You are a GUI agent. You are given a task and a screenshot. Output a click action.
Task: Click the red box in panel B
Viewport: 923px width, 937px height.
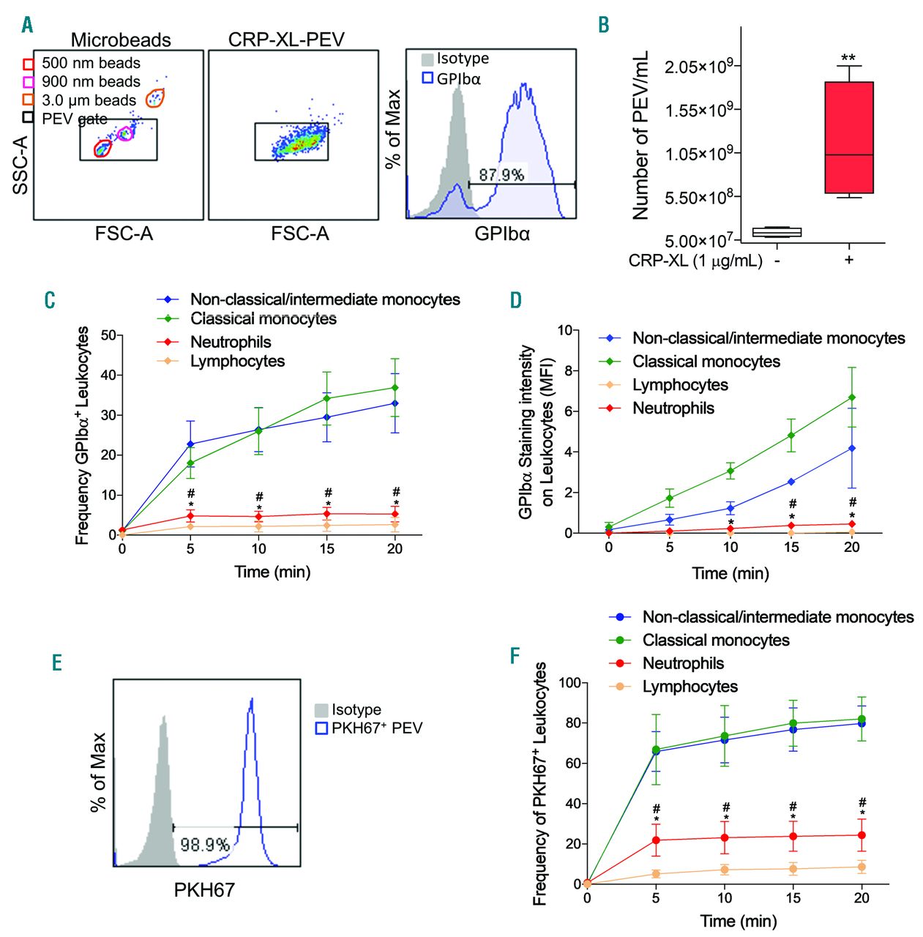[x=848, y=137]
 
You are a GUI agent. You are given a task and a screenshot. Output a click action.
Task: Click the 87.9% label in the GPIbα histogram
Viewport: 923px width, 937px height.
[x=501, y=174]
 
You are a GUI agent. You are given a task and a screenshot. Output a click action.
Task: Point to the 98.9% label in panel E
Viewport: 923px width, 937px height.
[x=205, y=844]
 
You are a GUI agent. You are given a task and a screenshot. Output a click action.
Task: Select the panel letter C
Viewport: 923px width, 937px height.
[x=49, y=300]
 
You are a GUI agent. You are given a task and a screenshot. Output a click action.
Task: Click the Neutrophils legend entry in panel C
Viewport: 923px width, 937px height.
[x=230, y=342]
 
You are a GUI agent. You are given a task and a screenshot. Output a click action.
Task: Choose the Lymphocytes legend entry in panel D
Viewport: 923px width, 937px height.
[x=680, y=385]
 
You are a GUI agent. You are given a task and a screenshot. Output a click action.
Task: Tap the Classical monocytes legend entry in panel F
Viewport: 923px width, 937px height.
[x=715, y=641]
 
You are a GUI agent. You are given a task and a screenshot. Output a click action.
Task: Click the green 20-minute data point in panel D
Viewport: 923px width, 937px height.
[x=852, y=397]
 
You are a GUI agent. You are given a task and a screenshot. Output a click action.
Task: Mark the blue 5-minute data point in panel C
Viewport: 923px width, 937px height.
[x=190, y=444]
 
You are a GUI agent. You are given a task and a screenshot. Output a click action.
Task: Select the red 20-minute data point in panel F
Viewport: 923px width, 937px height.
[x=862, y=835]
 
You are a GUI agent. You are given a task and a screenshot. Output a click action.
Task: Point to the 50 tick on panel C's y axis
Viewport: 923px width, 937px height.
[x=108, y=335]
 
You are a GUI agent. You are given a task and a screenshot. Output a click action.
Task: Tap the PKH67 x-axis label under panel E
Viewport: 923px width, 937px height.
[x=205, y=890]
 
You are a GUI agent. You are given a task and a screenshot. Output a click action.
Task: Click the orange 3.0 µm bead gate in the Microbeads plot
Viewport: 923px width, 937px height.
[x=155, y=97]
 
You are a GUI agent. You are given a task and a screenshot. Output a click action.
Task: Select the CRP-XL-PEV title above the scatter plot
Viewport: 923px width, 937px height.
[x=286, y=40]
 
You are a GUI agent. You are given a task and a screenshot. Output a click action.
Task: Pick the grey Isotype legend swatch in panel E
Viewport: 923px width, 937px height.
[x=321, y=710]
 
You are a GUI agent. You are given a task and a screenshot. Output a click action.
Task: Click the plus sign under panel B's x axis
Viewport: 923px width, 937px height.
[x=849, y=260]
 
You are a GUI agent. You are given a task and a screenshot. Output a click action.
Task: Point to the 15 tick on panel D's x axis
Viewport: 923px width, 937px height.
[x=791, y=547]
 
